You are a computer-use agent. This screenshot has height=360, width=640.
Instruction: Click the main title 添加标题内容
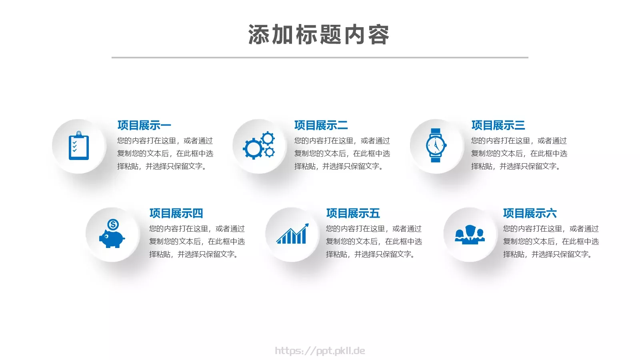(x=319, y=35)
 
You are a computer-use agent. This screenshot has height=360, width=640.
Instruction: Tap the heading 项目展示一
(x=144, y=125)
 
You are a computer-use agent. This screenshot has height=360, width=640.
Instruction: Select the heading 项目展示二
(x=321, y=125)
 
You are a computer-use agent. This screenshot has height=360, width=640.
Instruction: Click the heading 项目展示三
(x=498, y=125)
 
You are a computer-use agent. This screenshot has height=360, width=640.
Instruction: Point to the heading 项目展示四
(x=176, y=213)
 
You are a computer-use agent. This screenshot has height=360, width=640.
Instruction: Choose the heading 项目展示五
(x=353, y=213)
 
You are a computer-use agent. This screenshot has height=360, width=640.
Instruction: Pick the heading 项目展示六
(x=530, y=213)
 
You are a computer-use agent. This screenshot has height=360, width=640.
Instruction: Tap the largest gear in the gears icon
(x=253, y=149)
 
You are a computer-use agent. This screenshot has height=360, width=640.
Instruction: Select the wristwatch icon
(x=436, y=145)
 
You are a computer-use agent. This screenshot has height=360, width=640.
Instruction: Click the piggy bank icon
(x=112, y=238)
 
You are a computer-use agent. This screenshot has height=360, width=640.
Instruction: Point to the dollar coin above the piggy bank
(x=113, y=224)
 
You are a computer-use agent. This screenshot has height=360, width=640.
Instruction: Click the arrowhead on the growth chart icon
(x=306, y=226)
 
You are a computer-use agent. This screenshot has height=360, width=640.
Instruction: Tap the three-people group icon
(x=470, y=234)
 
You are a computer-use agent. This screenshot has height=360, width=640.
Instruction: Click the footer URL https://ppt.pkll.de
(x=320, y=351)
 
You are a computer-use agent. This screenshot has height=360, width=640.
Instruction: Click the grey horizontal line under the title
(x=320, y=57)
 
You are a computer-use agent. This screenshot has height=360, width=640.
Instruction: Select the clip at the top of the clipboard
(x=79, y=134)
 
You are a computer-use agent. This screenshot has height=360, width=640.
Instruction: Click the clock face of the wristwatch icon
(x=435, y=145)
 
